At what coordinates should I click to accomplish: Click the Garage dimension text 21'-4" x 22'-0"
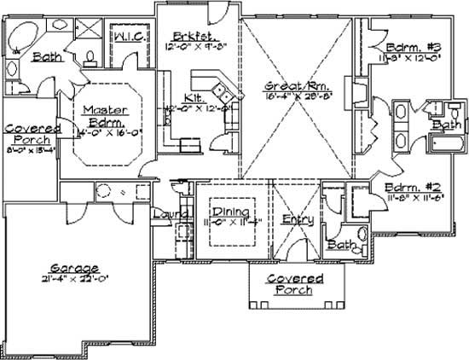coord(72,277)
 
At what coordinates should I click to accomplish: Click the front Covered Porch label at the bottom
coord(294,284)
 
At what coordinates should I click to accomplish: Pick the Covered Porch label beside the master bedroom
coord(26,133)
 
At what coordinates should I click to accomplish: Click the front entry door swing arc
coord(296,249)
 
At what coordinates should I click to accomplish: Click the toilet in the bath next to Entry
coord(361,235)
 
